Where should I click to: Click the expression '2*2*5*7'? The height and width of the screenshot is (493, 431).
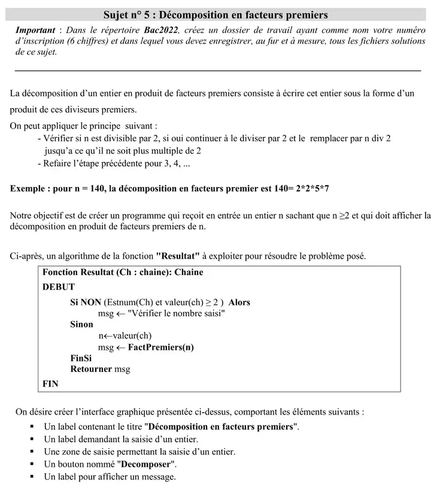pos(311,188)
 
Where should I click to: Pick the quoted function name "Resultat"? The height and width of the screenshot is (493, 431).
pos(178,256)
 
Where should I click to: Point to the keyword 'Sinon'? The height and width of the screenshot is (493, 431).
pos(81,325)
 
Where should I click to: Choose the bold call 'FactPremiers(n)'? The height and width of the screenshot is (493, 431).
pos(161,347)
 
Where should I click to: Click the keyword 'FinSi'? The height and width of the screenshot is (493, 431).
pos(81,358)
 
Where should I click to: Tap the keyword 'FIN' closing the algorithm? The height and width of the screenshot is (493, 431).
pos(50,384)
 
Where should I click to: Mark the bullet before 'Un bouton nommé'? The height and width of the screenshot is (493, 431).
pos(32,465)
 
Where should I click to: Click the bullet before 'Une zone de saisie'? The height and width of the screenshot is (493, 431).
pos(32,452)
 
